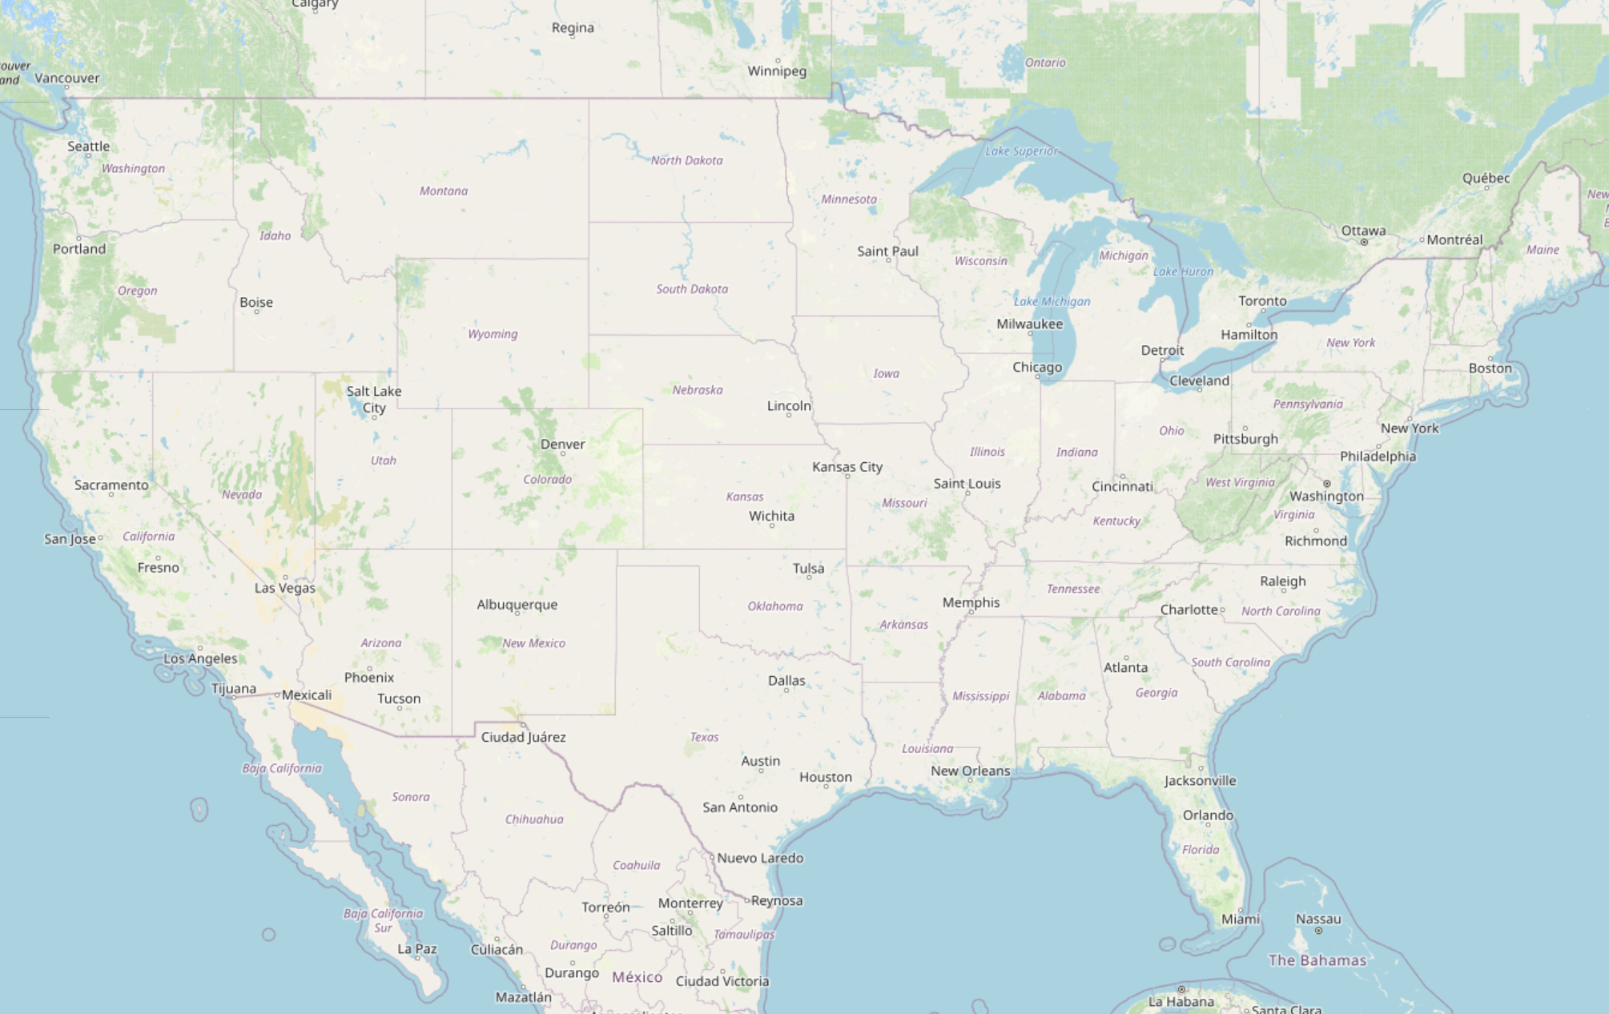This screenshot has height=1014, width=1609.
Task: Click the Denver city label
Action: (x=562, y=444)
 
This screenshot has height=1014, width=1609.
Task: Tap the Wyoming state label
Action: (x=493, y=334)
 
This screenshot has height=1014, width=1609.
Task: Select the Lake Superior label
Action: (x=1021, y=151)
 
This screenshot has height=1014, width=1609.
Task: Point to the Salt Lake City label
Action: (x=374, y=399)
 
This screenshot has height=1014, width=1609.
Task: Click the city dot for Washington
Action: (x=1327, y=484)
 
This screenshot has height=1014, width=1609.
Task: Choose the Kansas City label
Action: (x=847, y=466)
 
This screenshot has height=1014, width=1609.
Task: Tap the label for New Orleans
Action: (x=970, y=771)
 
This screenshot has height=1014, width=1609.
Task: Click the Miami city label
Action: (x=1240, y=919)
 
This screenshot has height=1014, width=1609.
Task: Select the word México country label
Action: (x=637, y=977)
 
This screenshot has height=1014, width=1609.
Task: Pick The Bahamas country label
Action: (x=1317, y=960)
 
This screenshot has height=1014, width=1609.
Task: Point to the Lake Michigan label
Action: (x=1052, y=301)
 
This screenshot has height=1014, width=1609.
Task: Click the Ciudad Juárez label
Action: (x=523, y=737)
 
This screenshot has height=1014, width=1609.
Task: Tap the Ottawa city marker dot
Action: (x=1363, y=242)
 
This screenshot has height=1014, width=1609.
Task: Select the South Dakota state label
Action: (x=692, y=288)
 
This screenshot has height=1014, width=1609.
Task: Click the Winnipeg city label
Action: (x=777, y=70)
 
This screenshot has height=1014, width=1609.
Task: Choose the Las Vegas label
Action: (x=284, y=588)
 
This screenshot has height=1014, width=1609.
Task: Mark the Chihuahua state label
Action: (x=534, y=819)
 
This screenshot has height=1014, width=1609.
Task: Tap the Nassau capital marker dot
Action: (x=1318, y=931)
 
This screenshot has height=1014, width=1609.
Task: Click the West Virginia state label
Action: (x=1240, y=482)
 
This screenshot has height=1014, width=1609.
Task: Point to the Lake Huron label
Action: (x=1183, y=272)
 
